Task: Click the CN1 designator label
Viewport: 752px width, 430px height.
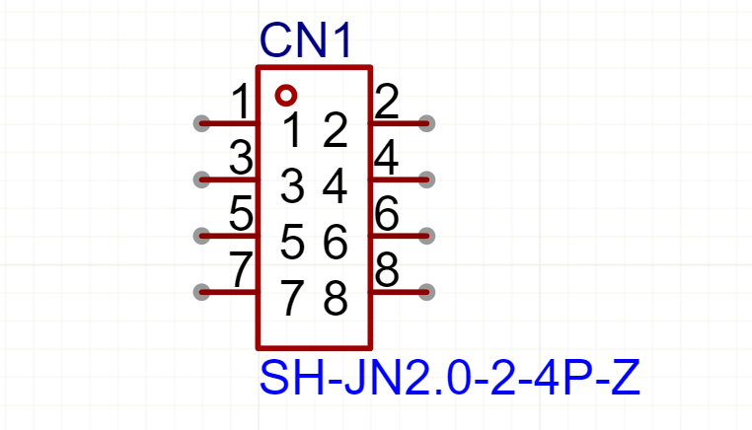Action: [x=305, y=41]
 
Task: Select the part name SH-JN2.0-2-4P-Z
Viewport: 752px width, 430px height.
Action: [x=449, y=379]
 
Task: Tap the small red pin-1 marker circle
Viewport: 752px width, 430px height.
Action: [x=286, y=96]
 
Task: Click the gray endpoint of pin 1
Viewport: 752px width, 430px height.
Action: [x=201, y=123]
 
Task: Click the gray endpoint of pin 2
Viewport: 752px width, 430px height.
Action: [x=426, y=123]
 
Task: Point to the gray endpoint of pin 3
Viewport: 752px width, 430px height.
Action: [x=201, y=179]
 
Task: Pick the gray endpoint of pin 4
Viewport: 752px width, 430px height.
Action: [x=426, y=179]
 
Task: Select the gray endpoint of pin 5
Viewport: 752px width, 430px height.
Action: [x=201, y=236]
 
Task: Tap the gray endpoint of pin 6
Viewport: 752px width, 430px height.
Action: [x=426, y=236]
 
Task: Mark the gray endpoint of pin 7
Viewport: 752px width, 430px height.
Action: [x=201, y=292]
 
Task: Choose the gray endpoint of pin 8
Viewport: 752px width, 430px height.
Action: [x=426, y=292]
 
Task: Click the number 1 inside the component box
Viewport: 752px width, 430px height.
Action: [x=292, y=129]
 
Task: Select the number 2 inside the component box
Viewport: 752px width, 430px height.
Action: [x=336, y=129]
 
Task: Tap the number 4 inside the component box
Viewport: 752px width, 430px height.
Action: [x=336, y=185]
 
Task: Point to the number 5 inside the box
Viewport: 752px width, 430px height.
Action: [x=292, y=242]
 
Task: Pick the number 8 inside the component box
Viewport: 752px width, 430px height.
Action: [x=336, y=299]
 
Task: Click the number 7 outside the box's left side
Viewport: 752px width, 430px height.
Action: [x=240, y=270]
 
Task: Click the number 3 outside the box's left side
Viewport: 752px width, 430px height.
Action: [x=240, y=158]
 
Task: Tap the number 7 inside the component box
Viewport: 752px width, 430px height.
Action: [x=292, y=299]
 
